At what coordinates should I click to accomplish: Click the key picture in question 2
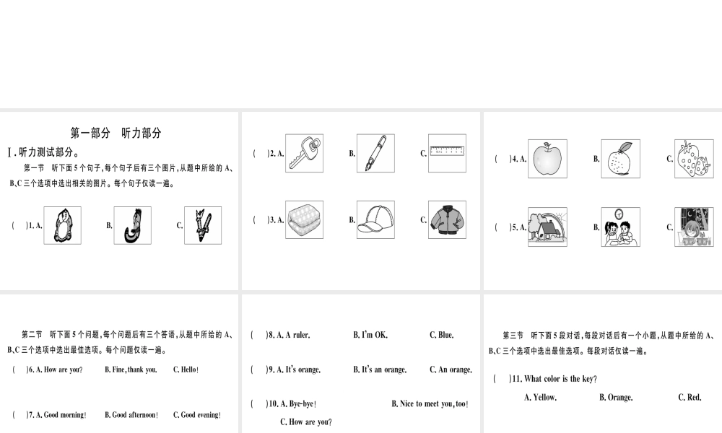[x=303, y=153]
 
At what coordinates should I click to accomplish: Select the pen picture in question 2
[x=375, y=153]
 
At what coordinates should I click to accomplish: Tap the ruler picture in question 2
[x=447, y=152]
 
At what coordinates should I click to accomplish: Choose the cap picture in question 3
[x=375, y=219]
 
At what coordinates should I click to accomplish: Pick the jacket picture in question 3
[x=447, y=219]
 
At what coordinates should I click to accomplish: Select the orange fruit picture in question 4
[x=620, y=159]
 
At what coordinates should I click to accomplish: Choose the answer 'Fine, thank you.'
[x=131, y=369]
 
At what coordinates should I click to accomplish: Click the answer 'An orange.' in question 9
[x=451, y=369]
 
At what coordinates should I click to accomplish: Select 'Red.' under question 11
[x=690, y=397]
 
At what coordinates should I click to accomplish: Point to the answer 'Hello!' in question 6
[x=186, y=369]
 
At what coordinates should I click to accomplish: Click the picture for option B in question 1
[x=132, y=225]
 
